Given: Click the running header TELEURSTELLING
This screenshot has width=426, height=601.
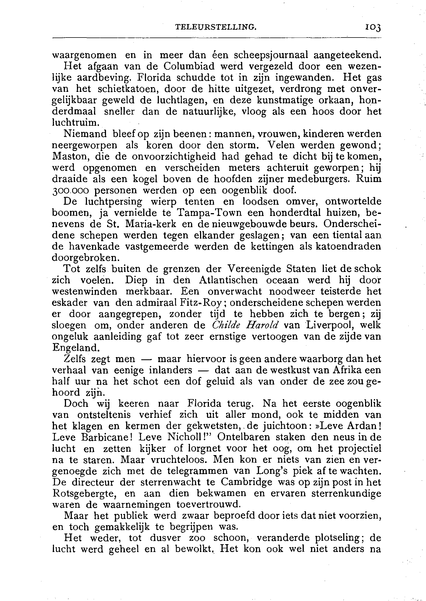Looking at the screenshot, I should point(216,27).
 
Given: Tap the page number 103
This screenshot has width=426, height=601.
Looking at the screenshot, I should point(373,27).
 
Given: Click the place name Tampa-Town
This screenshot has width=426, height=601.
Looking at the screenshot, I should point(210,213).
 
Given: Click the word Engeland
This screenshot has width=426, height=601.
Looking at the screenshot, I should point(76,348).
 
